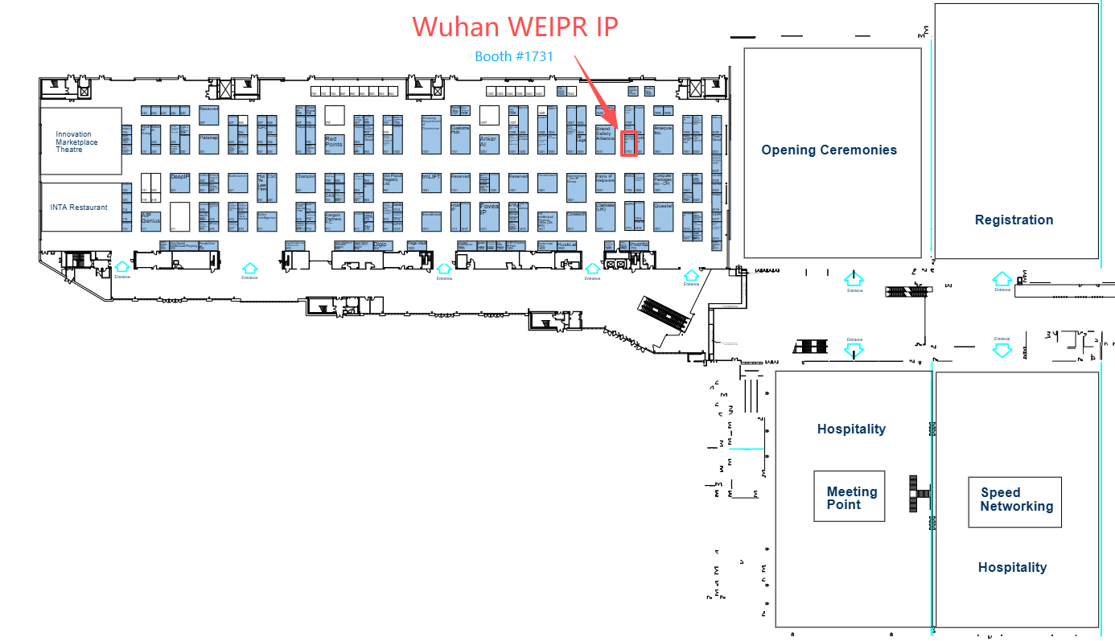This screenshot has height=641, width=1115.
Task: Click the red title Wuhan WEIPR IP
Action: pos(516,27)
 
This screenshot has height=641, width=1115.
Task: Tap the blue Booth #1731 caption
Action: pos(513,56)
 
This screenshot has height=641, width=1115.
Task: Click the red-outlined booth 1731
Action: pos(630,143)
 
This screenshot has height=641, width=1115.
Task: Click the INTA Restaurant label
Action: pos(79,208)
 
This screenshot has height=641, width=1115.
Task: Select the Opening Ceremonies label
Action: pos(829,150)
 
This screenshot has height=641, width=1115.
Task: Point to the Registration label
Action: pos(1014,220)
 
